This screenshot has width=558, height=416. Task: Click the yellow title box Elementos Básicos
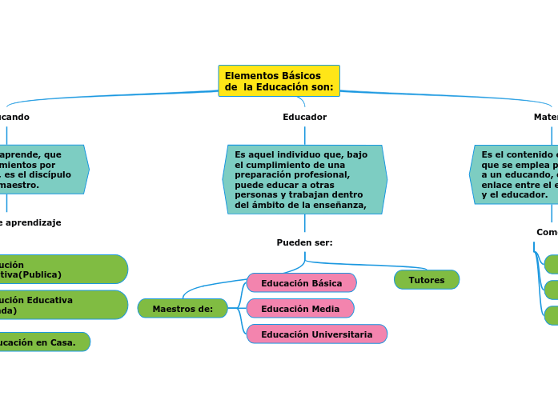[279, 81]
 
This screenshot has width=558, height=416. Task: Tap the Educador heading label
[304, 117]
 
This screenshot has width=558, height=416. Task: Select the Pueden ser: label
[304, 242]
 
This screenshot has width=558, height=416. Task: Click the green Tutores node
[427, 280]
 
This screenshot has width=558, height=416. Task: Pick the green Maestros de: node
[183, 309]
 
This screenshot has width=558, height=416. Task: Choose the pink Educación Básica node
[301, 283]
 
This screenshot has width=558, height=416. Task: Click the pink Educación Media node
[300, 309]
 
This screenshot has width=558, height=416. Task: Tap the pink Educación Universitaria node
[316, 334]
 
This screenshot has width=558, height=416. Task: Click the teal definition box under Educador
[304, 179]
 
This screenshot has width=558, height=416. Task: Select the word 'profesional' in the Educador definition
[323, 174]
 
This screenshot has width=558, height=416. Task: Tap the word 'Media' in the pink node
[323, 309]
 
